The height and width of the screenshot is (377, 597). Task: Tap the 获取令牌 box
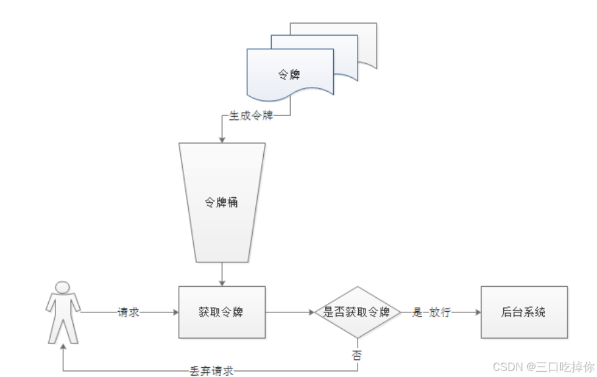click(x=222, y=312)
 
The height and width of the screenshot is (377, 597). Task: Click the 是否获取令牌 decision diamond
click(x=356, y=312)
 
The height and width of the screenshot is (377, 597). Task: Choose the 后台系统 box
click(x=524, y=312)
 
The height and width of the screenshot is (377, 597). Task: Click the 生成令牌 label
click(x=251, y=116)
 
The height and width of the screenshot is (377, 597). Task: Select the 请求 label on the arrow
click(x=129, y=312)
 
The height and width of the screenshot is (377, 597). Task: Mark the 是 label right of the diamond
click(x=417, y=312)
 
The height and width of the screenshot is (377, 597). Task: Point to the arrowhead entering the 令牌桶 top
click(x=222, y=138)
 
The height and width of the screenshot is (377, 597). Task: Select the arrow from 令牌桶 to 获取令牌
click(x=222, y=273)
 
